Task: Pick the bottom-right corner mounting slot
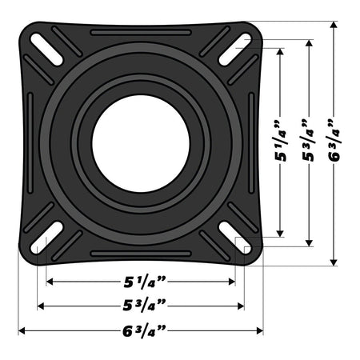pos(227,238)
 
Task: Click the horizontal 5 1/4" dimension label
pos(142,282)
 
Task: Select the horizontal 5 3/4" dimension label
pos(142,306)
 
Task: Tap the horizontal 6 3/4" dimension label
pos(142,330)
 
